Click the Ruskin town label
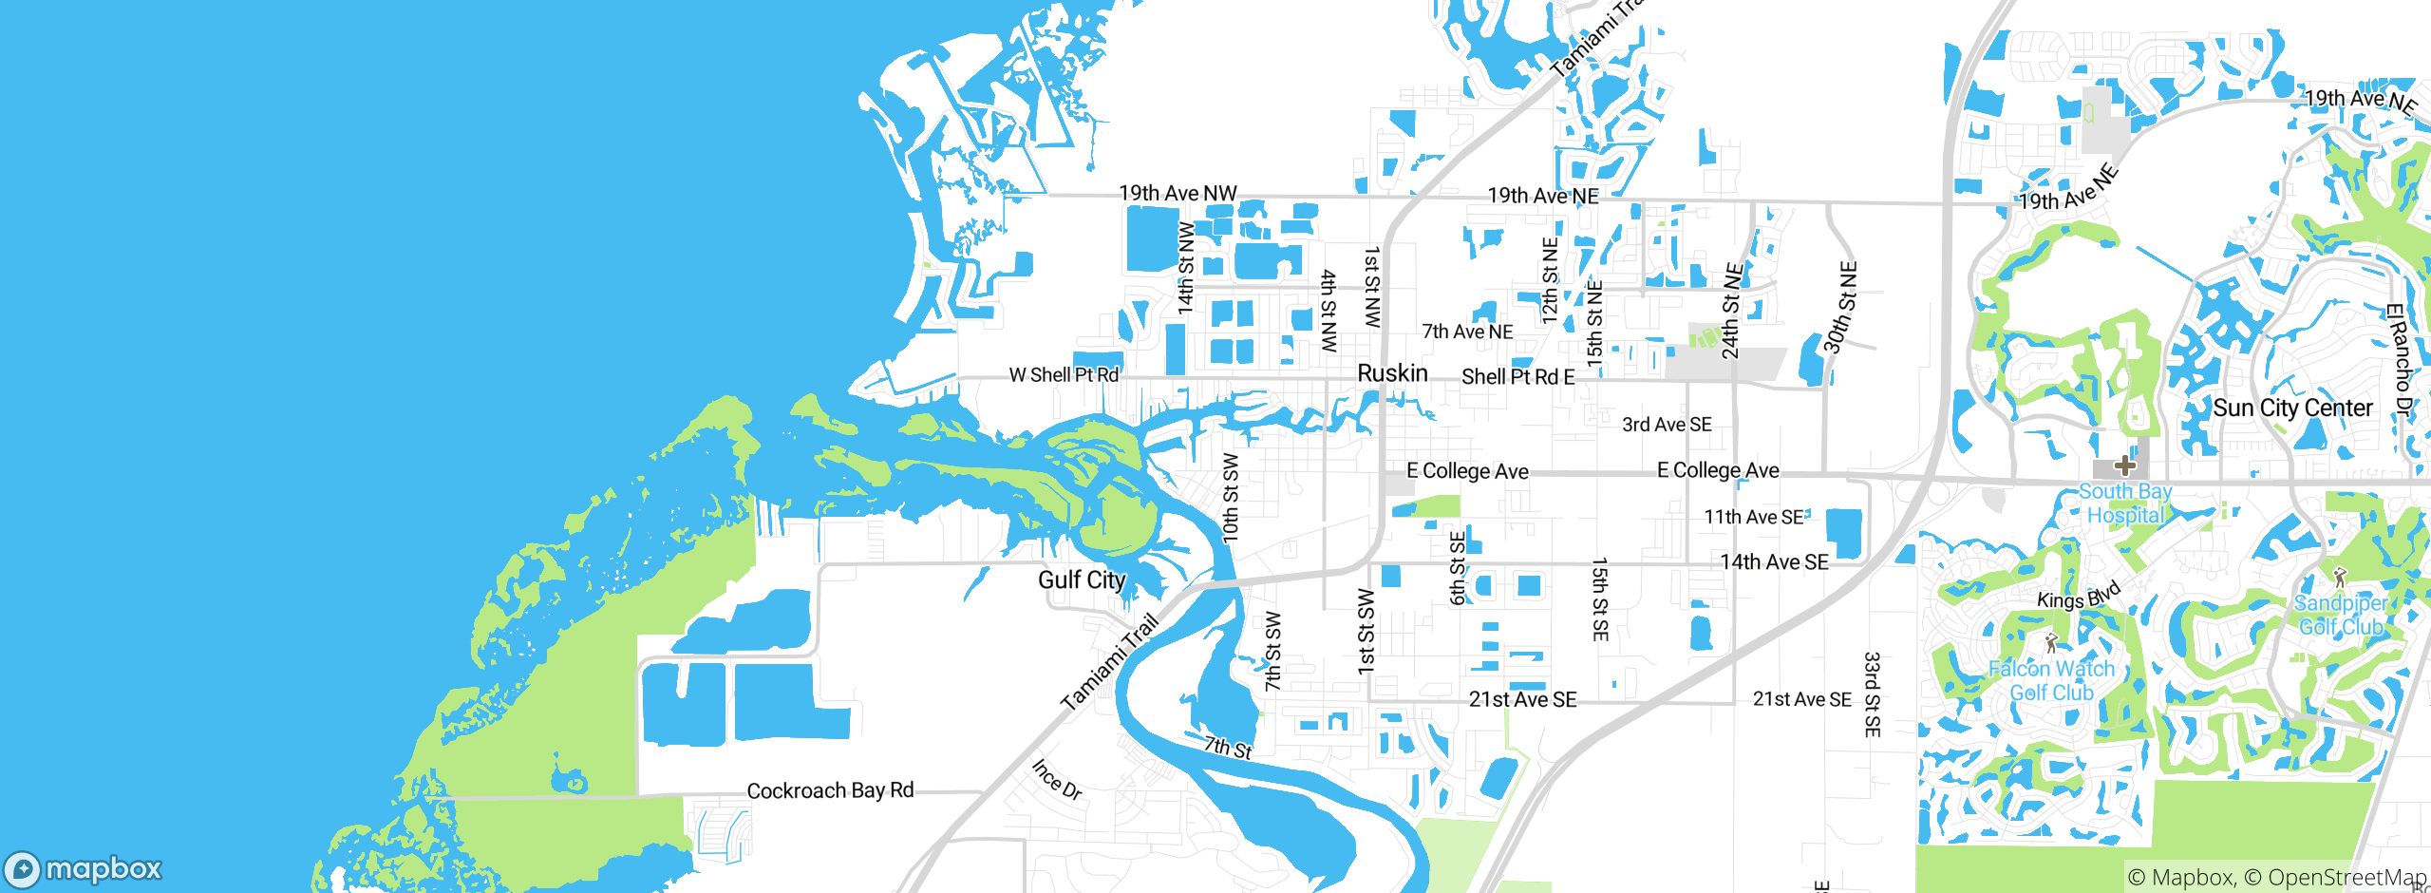click(1392, 373)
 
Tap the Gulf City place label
click(1082, 579)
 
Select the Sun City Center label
click(2292, 408)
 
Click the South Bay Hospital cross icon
click(2125, 465)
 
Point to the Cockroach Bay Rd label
click(830, 790)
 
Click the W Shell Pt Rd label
click(1064, 375)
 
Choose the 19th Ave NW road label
click(1178, 193)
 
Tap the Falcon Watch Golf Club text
click(2052, 681)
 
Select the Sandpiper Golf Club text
click(2341, 615)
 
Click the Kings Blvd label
click(2078, 597)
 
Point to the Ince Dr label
click(1057, 779)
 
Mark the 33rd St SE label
click(1872, 693)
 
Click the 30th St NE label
click(1840, 307)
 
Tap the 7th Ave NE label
click(1467, 332)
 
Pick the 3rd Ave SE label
click(1667, 425)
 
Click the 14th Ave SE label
click(1774, 562)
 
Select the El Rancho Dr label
click(2400, 361)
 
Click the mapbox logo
click(84, 868)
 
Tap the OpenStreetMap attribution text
click(2346, 877)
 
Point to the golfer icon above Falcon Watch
click(2051, 643)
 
